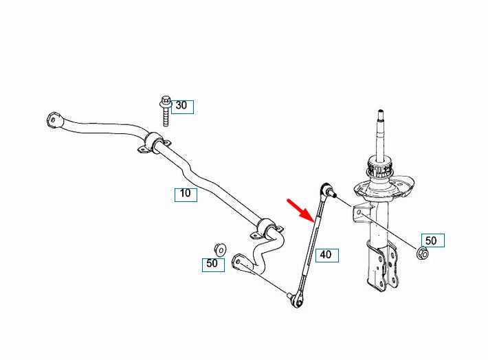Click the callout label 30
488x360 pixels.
(x=181, y=106)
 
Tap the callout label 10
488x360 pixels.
(x=186, y=194)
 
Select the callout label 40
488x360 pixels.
(x=325, y=254)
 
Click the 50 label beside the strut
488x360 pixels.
(x=431, y=240)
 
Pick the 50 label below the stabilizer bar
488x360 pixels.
(x=212, y=264)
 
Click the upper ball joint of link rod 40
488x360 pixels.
(x=326, y=188)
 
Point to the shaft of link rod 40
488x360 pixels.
(x=311, y=244)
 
